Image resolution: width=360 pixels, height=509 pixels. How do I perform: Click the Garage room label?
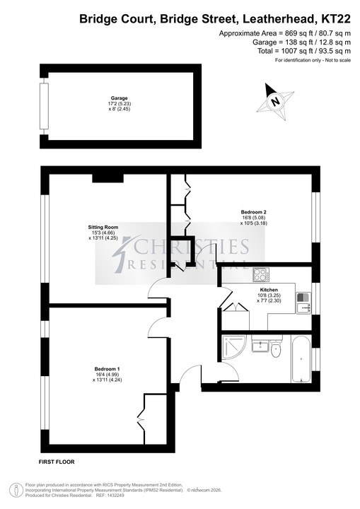point(120,98)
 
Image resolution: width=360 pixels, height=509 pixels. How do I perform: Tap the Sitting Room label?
point(103,227)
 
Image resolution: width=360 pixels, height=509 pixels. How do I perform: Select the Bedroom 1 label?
point(108,369)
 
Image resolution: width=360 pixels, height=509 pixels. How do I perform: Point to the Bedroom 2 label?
point(254,212)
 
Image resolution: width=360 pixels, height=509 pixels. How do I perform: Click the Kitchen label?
point(269,290)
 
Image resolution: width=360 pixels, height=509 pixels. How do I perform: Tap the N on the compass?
point(276,101)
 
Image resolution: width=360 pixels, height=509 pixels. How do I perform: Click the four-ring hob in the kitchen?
point(261,274)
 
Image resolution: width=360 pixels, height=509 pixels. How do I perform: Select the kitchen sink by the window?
point(303,303)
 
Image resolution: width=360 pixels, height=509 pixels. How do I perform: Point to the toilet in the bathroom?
point(276,347)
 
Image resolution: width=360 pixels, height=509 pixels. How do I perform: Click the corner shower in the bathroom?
point(233,346)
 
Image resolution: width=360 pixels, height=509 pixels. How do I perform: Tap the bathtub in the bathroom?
point(301,358)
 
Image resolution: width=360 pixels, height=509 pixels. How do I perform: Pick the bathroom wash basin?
point(260,345)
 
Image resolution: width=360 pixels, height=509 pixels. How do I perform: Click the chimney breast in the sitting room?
point(108,178)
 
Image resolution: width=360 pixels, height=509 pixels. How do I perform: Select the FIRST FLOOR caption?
point(57,462)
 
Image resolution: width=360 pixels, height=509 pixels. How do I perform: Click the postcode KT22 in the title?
point(336,19)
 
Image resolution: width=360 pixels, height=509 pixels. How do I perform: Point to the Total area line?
point(304,51)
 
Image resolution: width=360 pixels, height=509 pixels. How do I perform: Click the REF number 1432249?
point(115,496)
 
